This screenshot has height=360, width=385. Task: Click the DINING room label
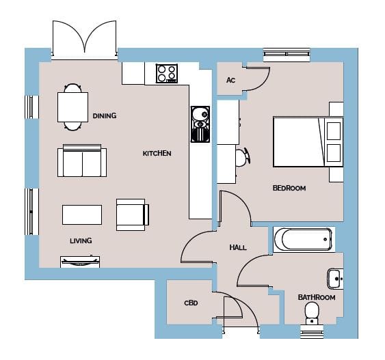click(105, 115)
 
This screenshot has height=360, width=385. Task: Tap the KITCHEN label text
click(157, 154)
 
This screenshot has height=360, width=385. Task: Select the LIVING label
click(81, 241)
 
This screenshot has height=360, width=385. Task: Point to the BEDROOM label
click(289, 188)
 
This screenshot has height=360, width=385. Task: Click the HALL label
click(238, 248)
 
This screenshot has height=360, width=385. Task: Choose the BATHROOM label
click(317, 297)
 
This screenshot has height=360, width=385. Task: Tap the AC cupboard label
click(231, 80)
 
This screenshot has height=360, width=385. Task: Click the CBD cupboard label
click(191, 303)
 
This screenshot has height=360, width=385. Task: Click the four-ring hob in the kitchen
click(167, 73)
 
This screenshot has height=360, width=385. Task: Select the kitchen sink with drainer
click(200, 124)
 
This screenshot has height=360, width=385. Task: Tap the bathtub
click(304, 239)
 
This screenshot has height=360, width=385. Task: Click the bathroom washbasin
click(335, 279)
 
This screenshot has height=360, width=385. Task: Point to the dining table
click(72, 107)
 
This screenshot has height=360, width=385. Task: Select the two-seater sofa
click(82, 161)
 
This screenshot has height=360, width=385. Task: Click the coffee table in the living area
click(82, 214)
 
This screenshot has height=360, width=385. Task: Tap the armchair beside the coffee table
click(133, 214)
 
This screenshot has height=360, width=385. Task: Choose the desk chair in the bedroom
click(243, 157)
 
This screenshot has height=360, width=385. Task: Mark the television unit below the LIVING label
click(80, 262)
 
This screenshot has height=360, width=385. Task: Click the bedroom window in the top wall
click(287, 54)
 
